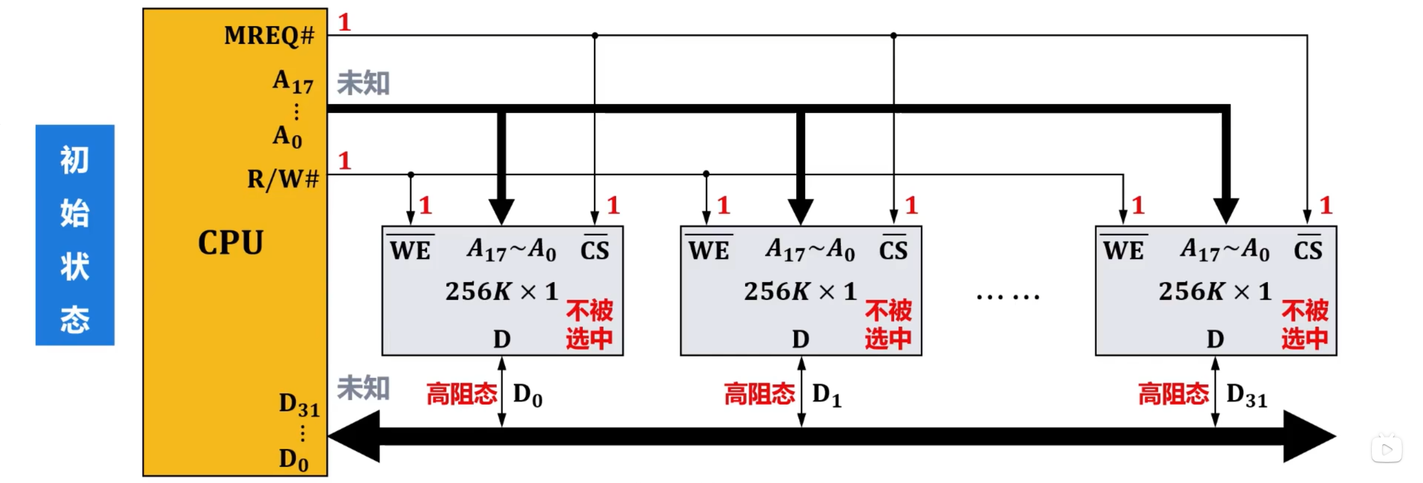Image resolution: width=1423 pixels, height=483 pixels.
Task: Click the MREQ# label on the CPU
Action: (x=269, y=36)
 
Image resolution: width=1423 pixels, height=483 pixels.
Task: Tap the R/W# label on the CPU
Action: (x=283, y=179)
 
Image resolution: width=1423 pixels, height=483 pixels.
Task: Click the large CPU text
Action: (x=230, y=243)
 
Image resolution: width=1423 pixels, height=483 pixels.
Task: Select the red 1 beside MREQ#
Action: (x=345, y=23)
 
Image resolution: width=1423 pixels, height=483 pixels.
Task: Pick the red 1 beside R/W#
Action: (x=345, y=161)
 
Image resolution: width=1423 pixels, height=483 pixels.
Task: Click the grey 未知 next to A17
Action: (x=363, y=83)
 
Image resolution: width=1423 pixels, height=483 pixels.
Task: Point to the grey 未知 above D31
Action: (x=363, y=388)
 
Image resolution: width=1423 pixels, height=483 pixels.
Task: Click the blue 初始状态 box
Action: (x=75, y=235)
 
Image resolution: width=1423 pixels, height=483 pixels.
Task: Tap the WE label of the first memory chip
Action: (x=410, y=250)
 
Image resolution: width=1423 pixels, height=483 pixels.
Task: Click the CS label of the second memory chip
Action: (x=893, y=250)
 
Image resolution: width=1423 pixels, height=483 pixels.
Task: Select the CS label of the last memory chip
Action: (x=1308, y=250)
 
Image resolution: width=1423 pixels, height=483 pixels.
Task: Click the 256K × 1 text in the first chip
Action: (x=501, y=292)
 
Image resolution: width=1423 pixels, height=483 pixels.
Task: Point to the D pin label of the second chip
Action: (x=801, y=339)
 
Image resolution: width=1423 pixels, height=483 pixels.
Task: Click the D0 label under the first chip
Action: (x=527, y=395)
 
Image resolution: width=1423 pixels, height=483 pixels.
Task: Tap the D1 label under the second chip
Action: (x=826, y=395)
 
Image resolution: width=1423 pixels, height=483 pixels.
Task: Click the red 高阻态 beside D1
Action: (x=760, y=394)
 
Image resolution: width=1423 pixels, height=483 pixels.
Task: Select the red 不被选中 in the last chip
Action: (x=1305, y=324)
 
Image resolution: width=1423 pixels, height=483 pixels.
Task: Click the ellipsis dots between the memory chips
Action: (x=1008, y=297)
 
